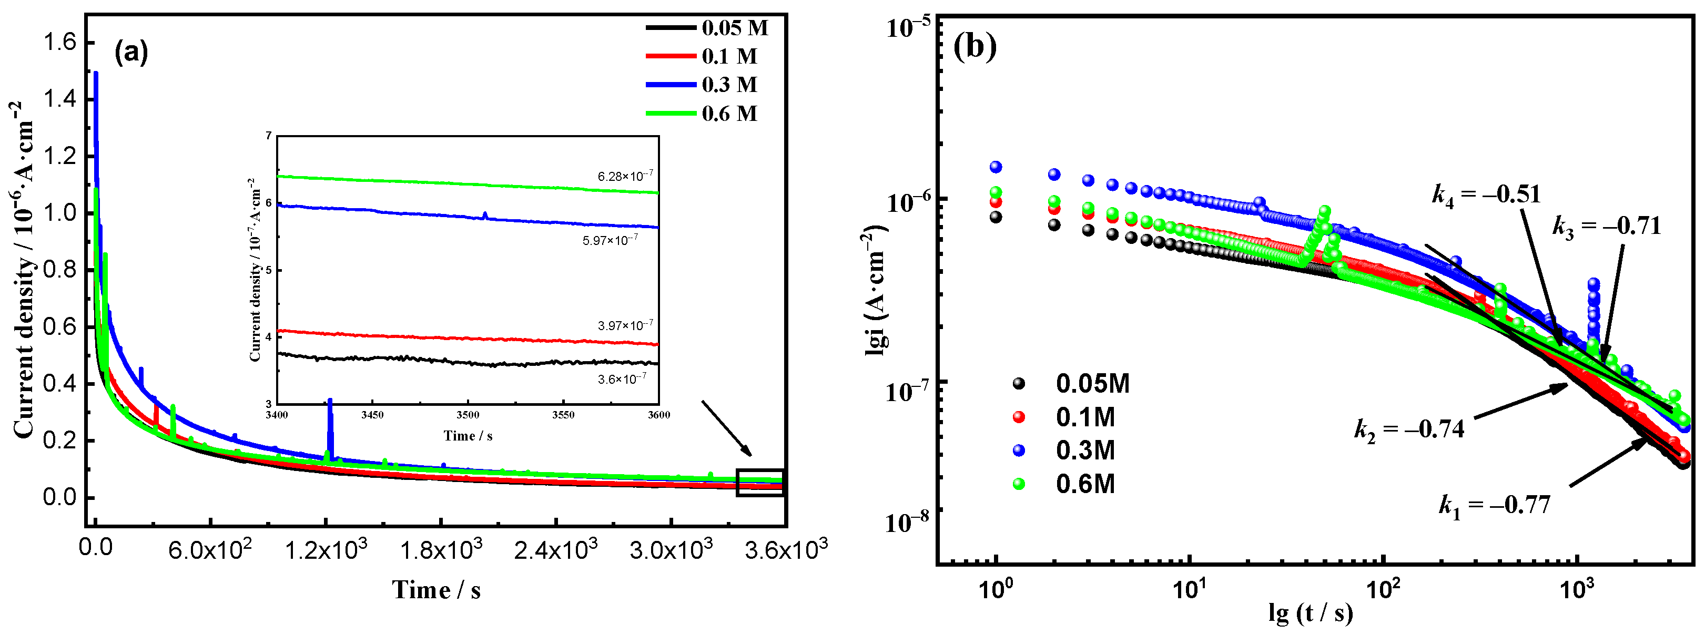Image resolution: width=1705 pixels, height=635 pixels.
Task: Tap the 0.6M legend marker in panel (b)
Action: [x=1019, y=484]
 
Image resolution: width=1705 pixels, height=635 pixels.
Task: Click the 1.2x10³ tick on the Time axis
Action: [x=326, y=549]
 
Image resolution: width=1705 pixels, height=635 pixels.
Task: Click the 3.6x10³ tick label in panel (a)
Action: [x=785, y=549]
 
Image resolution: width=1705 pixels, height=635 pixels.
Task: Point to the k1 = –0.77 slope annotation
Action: [x=1495, y=505]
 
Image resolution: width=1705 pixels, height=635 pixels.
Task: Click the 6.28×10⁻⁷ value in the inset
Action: [x=625, y=177]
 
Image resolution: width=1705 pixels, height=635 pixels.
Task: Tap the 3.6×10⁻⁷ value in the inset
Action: [x=622, y=380]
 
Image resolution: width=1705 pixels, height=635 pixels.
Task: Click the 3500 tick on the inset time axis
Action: [x=468, y=415]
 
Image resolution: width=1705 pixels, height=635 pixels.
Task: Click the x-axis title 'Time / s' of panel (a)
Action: [x=436, y=589]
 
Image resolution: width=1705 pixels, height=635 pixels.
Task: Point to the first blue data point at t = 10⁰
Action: [x=996, y=167]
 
